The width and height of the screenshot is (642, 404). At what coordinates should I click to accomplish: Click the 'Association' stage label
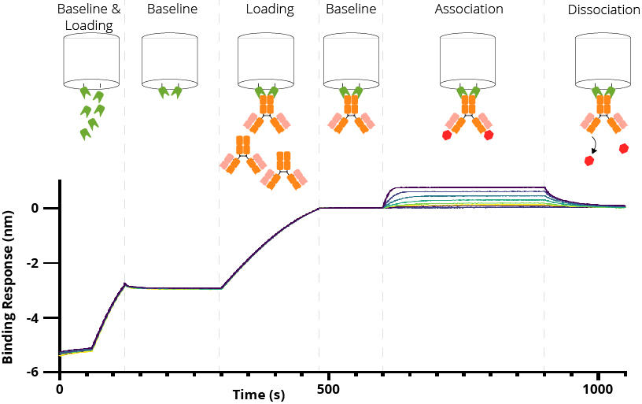click(469, 10)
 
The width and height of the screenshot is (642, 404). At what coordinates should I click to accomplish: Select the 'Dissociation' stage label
click(603, 10)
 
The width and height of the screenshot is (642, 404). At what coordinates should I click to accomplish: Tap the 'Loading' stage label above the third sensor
click(270, 10)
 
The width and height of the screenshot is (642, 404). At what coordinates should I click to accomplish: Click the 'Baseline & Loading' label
click(90, 17)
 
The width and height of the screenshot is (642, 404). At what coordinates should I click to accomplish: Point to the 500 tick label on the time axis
click(329, 390)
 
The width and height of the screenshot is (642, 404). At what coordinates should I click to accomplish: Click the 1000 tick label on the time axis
click(597, 390)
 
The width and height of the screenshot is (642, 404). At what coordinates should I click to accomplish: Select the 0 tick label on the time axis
click(60, 390)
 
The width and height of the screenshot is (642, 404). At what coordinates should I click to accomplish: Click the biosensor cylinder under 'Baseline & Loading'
click(91, 60)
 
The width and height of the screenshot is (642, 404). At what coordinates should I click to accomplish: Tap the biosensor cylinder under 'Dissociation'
click(603, 60)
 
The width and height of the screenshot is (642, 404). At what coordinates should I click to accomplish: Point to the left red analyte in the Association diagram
click(448, 135)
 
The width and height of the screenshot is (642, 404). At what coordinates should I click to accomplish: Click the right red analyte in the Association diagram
click(489, 135)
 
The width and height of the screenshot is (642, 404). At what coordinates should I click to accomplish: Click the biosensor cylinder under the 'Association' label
click(468, 60)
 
